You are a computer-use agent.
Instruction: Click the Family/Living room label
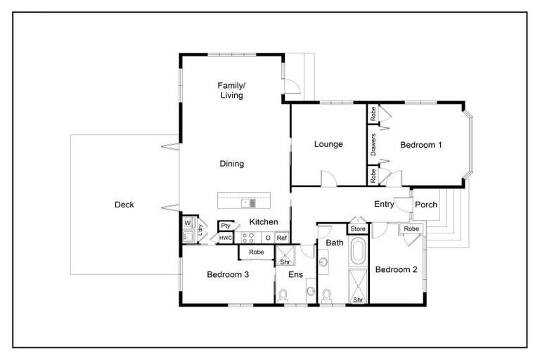tap(231, 89)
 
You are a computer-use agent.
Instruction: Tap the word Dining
tap(231, 164)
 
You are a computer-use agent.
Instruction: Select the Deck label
tap(124, 205)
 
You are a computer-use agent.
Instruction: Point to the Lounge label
tap(328, 145)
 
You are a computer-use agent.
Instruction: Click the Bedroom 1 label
tap(420, 146)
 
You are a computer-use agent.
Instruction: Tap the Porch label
tap(426, 205)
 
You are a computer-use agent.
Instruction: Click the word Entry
tap(384, 205)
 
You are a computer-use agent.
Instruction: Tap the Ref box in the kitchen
tap(282, 238)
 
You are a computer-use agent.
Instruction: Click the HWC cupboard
tap(226, 238)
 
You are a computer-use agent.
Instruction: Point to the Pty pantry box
tap(226, 226)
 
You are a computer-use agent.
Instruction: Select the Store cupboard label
tap(357, 229)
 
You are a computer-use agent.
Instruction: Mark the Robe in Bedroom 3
tap(257, 252)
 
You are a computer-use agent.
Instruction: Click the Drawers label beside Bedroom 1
tap(373, 146)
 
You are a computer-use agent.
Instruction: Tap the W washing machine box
tap(188, 224)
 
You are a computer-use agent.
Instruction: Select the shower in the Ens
tap(285, 259)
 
